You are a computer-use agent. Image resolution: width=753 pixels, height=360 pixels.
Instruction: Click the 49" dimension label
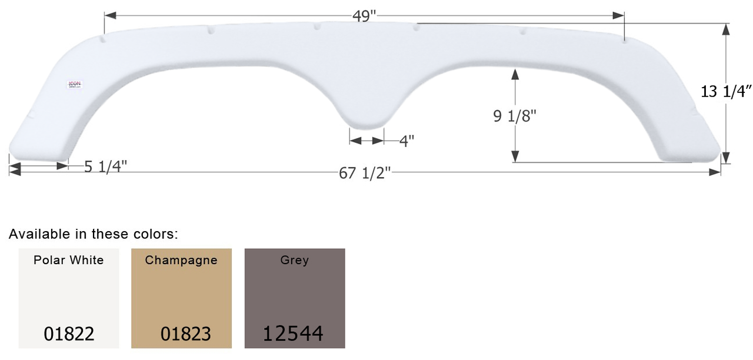pyautogui.click(x=365, y=16)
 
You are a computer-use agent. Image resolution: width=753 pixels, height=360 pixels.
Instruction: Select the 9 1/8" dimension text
pyautogui.click(x=515, y=116)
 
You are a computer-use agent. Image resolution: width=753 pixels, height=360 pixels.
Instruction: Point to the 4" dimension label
pyautogui.click(x=407, y=141)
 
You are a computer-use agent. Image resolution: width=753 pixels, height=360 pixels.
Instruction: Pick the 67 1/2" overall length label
pyautogui.click(x=365, y=173)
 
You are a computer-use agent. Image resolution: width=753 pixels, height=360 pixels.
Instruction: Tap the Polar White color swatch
pyautogui.click(x=69, y=298)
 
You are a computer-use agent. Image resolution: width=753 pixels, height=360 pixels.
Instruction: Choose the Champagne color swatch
pyautogui.click(x=181, y=298)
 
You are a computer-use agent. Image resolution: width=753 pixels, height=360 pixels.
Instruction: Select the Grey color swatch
pyautogui.click(x=294, y=298)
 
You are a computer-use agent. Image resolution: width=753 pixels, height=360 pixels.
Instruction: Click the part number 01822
pyautogui.click(x=69, y=334)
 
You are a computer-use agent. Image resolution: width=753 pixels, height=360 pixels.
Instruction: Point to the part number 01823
pyautogui.click(x=185, y=334)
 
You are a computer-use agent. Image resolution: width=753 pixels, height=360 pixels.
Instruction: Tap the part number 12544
pyautogui.click(x=293, y=334)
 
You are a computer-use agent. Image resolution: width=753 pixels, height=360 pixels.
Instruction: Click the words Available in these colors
pyautogui.click(x=93, y=234)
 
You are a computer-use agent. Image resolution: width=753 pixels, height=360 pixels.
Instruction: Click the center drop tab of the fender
pyautogui.click(x=366, y=115)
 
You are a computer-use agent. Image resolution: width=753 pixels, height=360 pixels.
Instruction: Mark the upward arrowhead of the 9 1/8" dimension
pyautogui.click(x=515, y=74)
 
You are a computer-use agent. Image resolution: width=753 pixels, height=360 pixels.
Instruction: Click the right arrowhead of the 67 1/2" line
pyautogui.click(x=716, y=172)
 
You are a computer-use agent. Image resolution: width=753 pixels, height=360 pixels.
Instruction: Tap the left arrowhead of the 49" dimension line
pyautogui.click(x=109, y=14)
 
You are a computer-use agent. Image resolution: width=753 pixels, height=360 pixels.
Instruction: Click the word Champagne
pyautogui.click(x=181, y=260)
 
